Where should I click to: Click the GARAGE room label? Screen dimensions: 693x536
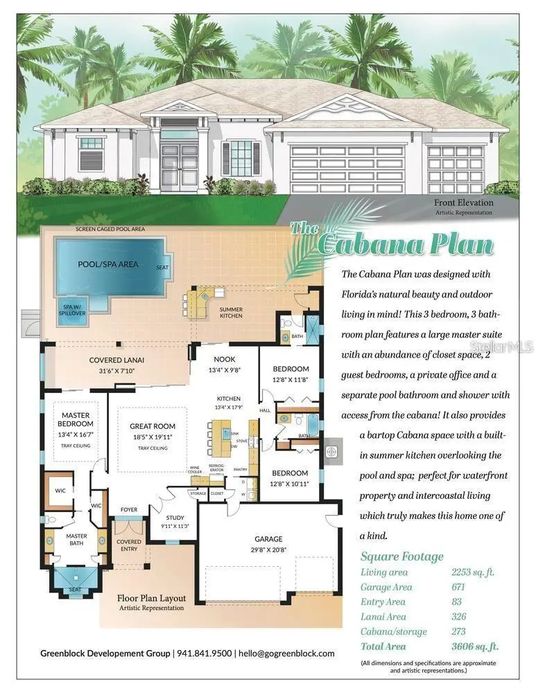click(268, 538)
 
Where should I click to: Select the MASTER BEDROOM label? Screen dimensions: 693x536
click(74, 419)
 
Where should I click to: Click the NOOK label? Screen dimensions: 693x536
click(224, 359)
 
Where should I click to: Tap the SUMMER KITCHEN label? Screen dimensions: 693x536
click(231, 313)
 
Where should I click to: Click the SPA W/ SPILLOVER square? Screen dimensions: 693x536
click(75, 310)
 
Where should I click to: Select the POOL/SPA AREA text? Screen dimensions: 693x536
click(107, 264)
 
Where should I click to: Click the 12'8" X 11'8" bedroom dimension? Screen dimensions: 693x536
click(290, 380)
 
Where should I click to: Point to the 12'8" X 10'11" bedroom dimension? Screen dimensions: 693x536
click(290, 484)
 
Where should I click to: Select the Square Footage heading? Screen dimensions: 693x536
click(401, 556)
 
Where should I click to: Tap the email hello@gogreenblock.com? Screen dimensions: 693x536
click(286, 653)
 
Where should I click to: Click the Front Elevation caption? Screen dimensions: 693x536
click(464, 202)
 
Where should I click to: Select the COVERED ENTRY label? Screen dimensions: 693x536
click(129, 545)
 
